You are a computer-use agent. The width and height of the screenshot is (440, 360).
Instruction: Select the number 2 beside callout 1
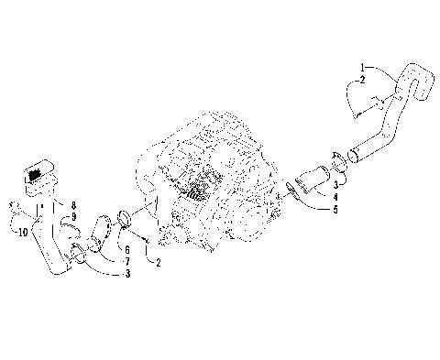[x=362, y=81]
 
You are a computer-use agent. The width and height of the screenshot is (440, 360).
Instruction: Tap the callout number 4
[x=335, y=197]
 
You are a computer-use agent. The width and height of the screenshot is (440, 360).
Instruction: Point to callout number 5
[x=335, y=209]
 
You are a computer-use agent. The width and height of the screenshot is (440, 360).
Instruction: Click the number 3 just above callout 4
[x=335, y=184]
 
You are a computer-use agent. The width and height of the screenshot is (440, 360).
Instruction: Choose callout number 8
[x=74, y=205]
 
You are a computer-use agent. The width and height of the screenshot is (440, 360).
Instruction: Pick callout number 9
[x=74, y=216]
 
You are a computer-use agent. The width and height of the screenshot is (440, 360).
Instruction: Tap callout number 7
[x=126, y=261]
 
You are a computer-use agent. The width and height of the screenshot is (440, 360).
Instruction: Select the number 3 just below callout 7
[x=126, y=274]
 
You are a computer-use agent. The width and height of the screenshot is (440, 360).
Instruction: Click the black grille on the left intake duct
[x=38, y=172]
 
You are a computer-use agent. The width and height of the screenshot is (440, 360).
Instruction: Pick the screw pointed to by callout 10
[x=12, y=207]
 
